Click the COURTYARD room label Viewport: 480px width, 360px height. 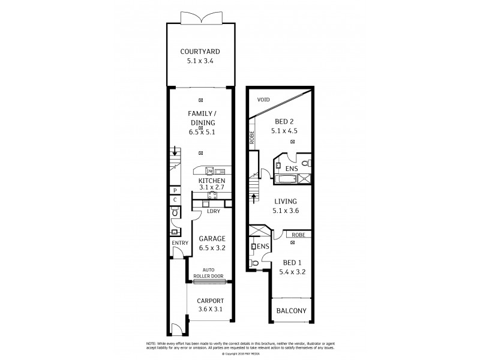[x=200, y=51]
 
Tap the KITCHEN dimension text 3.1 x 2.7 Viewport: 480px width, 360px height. [x=211, y=188]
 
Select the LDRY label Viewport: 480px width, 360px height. [x=213, y=211]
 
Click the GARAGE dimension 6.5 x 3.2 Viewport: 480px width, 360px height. [x=211, y=247]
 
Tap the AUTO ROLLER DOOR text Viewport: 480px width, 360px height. [x=208, y=273]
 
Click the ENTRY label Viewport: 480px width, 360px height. [x=179, y=243]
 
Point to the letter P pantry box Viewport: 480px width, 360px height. [x=175, y=190]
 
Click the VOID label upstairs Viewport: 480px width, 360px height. [x=263, y=100]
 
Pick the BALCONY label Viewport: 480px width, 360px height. [x=292, y=311]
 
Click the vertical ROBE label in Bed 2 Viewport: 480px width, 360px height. [x=253, y=139]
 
